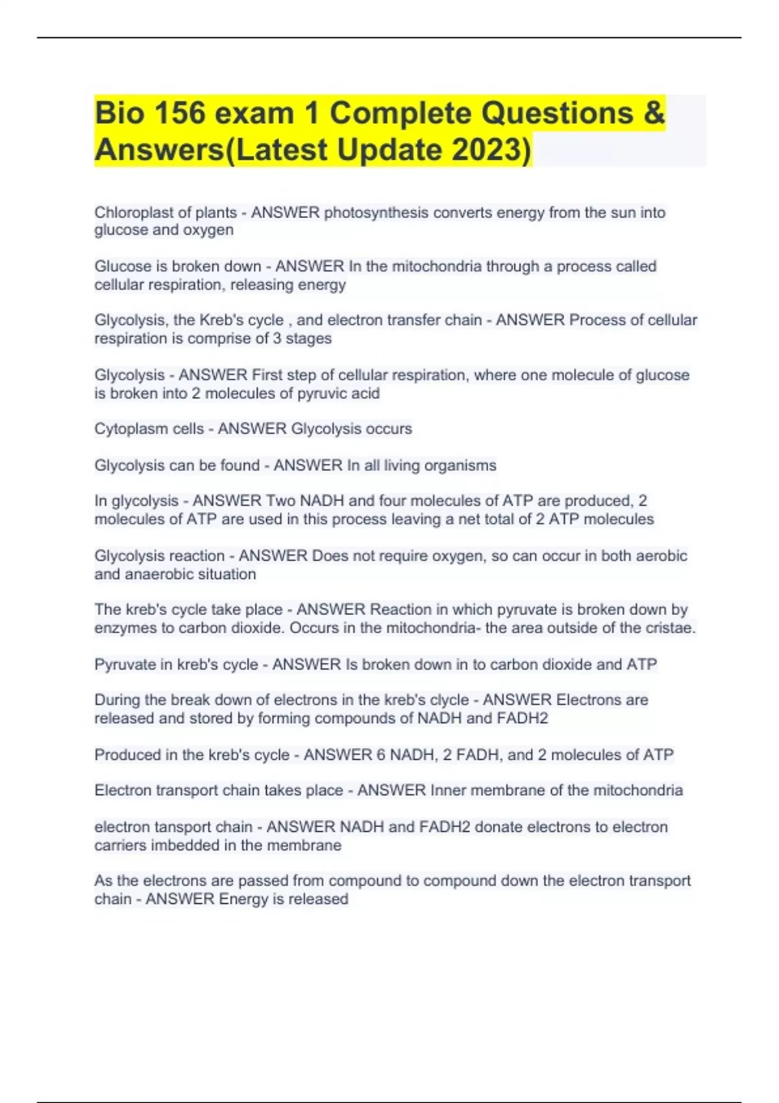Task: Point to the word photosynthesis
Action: point(376,213)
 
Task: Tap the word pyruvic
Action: point(320,394)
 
